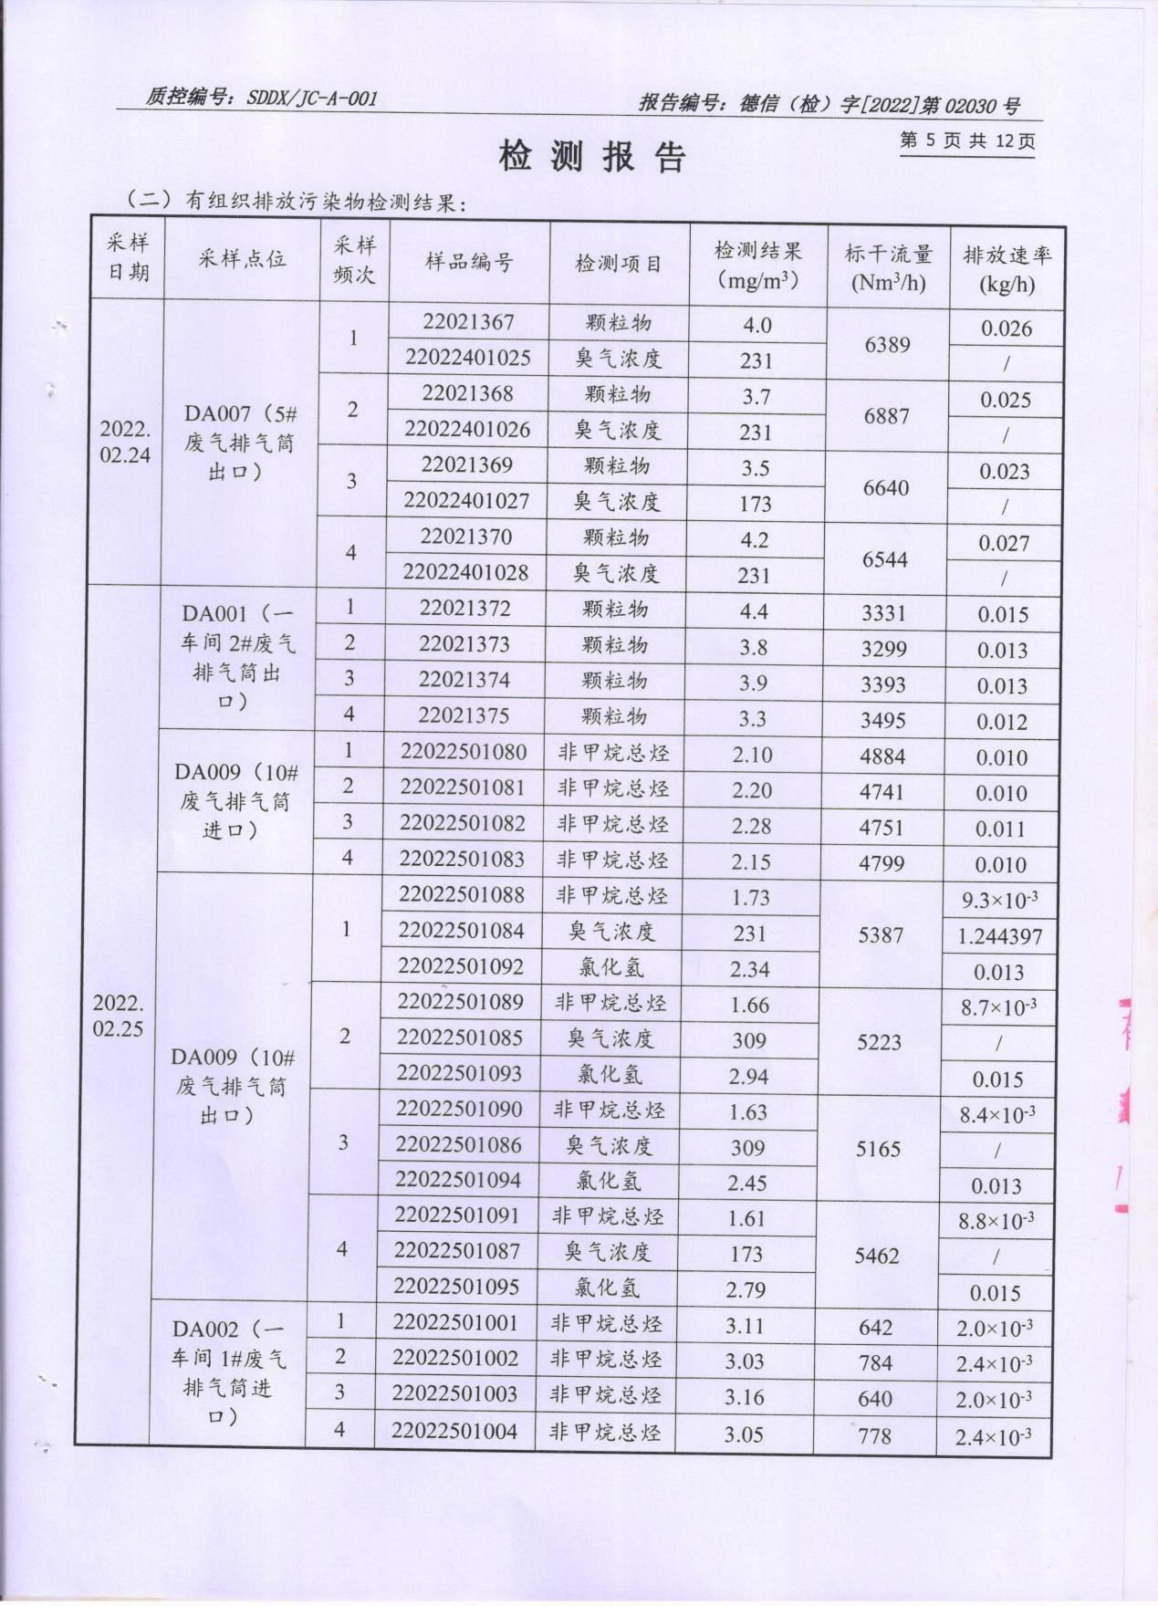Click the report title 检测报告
tap(591, 157)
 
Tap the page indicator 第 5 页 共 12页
tap(966, 141)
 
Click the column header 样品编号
tap(469, 263)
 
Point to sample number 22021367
tap(468, 322)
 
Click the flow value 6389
tap(887, 344)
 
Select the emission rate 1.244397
tap(1000, 936)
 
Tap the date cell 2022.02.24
tap(125, 442)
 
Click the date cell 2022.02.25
tap(118, 1016)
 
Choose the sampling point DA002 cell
tap(228, 1372)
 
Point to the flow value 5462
tap(877, 1256)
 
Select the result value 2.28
tap(751, 826)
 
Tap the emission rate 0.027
tap(1004, 543)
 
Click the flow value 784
tap(874, 1362)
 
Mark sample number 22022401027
tap(465, 501)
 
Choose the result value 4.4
tap(754, 611)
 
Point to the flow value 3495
tap(882, 720)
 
